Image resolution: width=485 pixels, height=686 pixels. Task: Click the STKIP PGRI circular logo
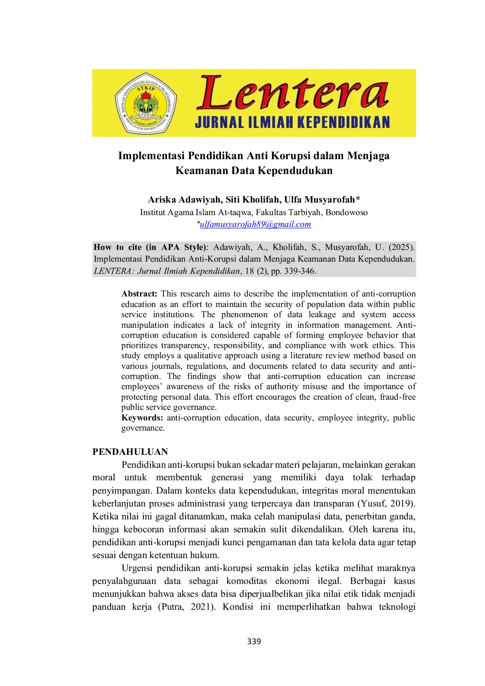tap(145, 103)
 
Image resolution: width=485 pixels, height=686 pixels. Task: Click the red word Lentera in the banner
tap(293, 94)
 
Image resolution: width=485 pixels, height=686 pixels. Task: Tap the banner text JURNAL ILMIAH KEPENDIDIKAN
tap(293, 122)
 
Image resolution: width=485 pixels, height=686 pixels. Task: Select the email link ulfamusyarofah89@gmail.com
tap(255, 224)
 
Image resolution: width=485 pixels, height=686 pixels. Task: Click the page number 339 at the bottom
tap(254, 641)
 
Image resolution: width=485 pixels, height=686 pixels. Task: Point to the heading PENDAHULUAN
tap(130, 452)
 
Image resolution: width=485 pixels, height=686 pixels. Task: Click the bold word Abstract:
tap(139, 294)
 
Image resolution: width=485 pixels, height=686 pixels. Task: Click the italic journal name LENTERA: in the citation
tap(113, 271)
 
